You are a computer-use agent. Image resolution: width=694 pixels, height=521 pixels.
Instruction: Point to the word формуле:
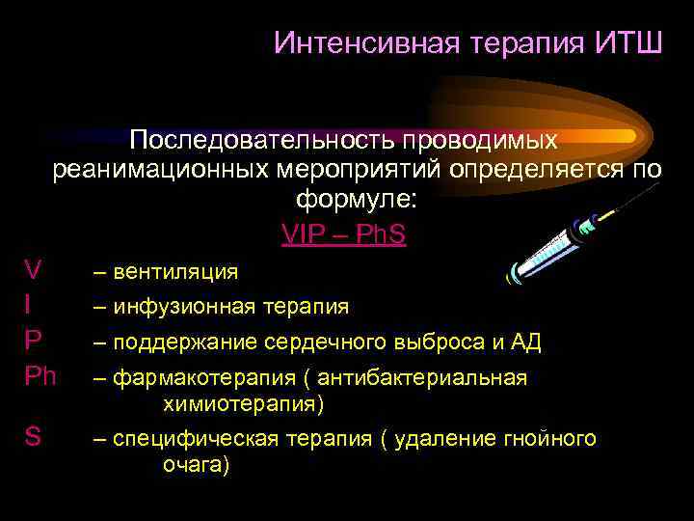(x=357, y=202)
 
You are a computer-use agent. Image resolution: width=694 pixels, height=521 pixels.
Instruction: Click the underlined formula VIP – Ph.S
(x=344, y=234)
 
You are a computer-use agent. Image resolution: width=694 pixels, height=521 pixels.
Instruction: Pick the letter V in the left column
(x=33, y=268)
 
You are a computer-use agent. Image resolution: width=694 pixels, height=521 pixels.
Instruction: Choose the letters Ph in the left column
(x=40, y=375)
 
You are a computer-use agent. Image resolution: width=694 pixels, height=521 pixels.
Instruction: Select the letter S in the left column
(x=33, y=436)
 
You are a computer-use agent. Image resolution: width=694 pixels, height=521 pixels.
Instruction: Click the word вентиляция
(x=175, y=272)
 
